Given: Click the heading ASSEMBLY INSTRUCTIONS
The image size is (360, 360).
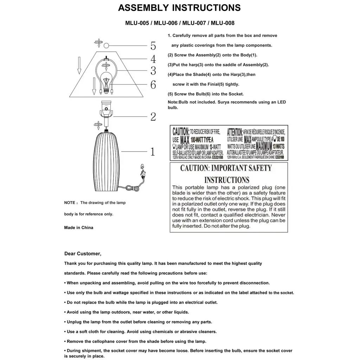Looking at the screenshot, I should point(179,8).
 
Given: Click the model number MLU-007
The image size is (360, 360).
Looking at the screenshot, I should point(194,23).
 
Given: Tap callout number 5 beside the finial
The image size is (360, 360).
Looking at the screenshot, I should point(153,46).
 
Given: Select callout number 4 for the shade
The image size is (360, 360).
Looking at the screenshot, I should point(153,59).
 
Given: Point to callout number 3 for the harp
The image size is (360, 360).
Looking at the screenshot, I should point(153,71).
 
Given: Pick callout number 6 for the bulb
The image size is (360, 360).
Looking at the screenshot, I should point(153,85).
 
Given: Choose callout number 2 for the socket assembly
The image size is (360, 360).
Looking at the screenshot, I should point(153,116).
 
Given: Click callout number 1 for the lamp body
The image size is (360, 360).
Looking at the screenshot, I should point(153,152).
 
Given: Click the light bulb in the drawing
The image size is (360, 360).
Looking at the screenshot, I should point(106,82).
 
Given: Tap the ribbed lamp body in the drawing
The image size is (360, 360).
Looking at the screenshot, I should point(106,162).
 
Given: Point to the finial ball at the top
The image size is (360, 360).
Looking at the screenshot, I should point(106,45).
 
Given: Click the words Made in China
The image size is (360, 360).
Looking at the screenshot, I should point(79,227).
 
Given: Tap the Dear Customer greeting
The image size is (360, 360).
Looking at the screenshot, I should point(83,253).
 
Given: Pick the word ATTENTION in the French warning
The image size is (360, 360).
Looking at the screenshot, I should point(234,132).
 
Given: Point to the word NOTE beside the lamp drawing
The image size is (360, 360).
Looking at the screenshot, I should point(70,203).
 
